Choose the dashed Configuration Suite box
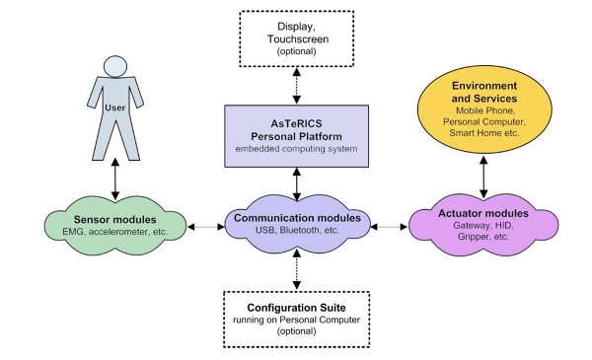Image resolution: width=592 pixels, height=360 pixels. pos(296,321)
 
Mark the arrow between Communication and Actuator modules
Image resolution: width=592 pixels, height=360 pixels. pos(392,227)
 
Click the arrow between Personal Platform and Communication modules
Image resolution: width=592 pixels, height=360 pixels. pos(296,181)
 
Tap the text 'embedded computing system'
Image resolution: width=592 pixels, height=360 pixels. pos(296,149)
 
